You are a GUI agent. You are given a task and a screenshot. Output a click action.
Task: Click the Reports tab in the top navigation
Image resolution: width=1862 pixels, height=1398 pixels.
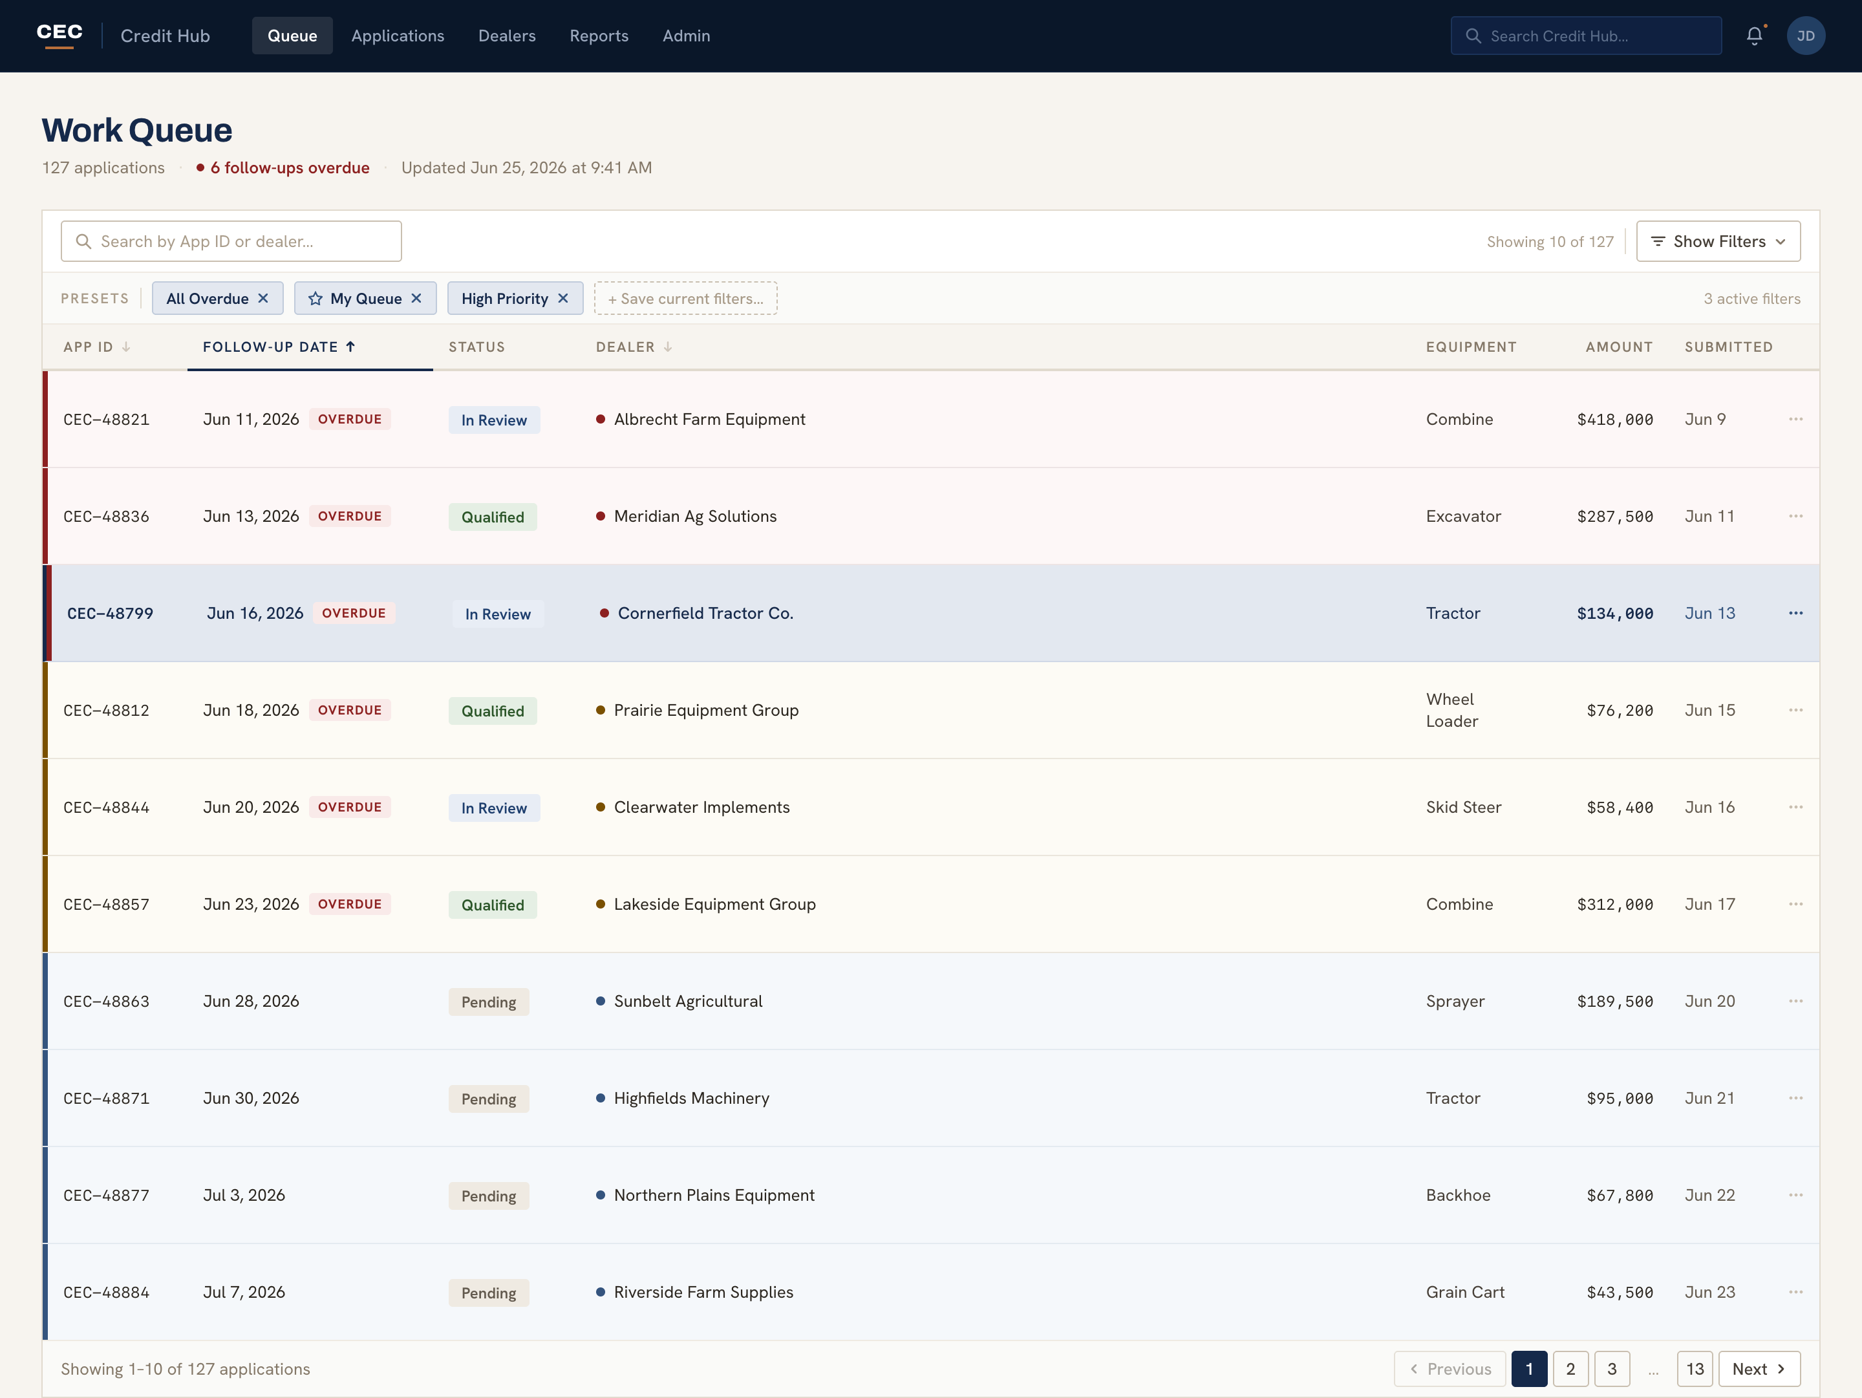(x=599, y=36)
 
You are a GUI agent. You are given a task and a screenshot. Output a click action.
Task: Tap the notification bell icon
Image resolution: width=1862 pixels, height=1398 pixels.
(x=1754, y=36)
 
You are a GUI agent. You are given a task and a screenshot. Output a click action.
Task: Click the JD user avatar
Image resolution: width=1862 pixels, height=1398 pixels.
(x=1806, y=36)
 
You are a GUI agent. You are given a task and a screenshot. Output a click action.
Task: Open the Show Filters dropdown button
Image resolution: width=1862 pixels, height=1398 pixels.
(x=1718, y=242)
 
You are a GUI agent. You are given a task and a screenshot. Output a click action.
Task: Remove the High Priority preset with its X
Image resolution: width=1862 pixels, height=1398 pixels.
(x=563, y=298)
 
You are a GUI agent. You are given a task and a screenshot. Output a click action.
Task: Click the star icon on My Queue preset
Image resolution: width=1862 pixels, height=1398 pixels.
(x=316, y=298)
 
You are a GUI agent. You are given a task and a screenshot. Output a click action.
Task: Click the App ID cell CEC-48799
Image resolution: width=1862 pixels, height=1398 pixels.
(x=111, y=614)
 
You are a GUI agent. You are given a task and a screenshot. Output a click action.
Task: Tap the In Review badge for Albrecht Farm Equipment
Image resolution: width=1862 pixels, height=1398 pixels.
(x=494, y=420)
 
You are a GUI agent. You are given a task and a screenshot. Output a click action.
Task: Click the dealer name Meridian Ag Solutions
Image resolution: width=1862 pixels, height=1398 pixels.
(x=695, y=516)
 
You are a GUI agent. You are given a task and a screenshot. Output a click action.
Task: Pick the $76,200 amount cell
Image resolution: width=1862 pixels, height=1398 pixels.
(x=1620, y=711)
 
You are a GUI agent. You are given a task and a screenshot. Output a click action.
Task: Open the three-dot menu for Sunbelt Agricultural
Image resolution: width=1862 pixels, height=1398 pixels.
(x=1795, y=1001)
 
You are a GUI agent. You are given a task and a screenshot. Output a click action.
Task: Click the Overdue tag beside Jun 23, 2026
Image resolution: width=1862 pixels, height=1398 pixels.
(x=349, y=904)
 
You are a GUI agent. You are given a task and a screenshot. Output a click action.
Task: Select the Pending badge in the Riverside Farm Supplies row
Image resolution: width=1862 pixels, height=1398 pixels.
(x=488, y=1293)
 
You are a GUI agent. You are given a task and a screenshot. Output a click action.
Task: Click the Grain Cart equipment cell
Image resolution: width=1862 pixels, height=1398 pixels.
(x=1464, y=1292)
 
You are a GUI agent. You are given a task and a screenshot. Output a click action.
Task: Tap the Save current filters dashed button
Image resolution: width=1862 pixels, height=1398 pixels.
(x=685, y=298)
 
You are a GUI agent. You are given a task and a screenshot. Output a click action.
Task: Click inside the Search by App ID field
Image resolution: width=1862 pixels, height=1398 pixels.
(x=231, y=242)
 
